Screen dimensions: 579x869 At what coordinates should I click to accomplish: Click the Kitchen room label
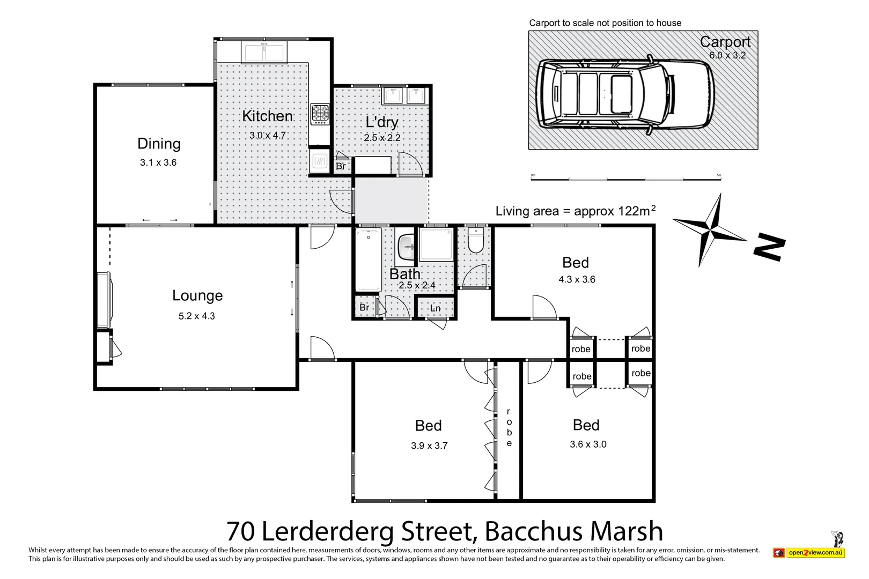click(x=267, y=116)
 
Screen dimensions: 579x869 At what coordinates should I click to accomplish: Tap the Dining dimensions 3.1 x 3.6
click(x=158, y=162)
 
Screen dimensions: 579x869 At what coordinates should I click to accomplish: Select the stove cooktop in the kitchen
click(x=320, y=114)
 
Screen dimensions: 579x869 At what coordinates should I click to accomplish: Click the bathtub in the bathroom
click(x=369, y=259)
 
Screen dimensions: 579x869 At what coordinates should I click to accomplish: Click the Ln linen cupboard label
click(x=436, y=308)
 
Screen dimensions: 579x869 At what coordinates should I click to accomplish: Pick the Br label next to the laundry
click(x=341, y=166)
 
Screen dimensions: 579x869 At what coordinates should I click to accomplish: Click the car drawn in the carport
click(x=626, y=95)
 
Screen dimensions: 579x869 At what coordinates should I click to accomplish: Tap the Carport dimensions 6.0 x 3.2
click(x=727, y=55)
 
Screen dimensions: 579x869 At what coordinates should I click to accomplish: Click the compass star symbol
click(x=709, y=231)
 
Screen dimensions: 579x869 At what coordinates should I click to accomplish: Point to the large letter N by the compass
click(x=770, y=248)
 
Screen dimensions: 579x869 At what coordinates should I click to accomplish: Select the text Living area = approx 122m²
click(x=575, y=211)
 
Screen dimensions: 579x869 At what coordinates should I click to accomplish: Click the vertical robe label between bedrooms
click(x=509, y=427)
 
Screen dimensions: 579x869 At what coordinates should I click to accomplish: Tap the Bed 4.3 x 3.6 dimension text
click(x=577, y=279)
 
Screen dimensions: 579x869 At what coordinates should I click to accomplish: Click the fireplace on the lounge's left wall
click(x=104, y=300)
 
